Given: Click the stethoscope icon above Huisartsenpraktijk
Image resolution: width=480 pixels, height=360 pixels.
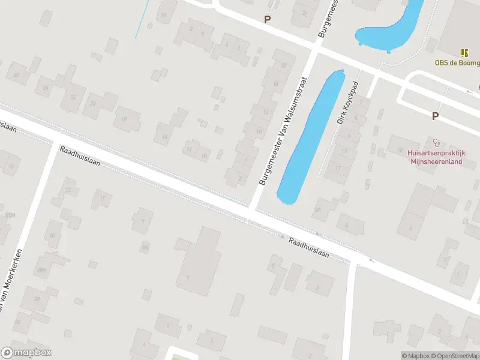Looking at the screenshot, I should pyautogui.click(x=436, y=143).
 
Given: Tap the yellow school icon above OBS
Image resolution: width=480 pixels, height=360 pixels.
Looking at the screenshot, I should pyautogui.click(x=464, y=53).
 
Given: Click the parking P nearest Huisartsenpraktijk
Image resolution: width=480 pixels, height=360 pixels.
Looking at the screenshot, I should pyautogui.click(x=435, y=116).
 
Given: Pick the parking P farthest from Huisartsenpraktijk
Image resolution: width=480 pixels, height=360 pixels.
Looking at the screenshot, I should pyautogui.click(x=267, y=19).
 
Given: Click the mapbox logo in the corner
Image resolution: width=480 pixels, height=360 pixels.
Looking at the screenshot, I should pyautogui.click(x=26, y=352).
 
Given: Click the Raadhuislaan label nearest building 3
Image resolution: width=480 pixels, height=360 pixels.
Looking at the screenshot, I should pyautogui.click(x=309, y=247).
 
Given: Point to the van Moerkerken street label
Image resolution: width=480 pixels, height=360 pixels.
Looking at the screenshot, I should pyautogui.click(x=12, y=282).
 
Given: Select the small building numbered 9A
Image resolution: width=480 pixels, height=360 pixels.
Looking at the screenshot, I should pyautogui.click(x=144, y=247).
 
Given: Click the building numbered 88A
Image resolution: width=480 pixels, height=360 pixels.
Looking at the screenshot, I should pyautogui.click(x=41, y=270).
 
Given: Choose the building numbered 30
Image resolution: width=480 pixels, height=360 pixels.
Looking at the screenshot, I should pyautogui.click(x=17, y=75).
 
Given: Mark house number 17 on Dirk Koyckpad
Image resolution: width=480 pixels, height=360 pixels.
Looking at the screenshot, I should pyautogui.click(x=337, y=169).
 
